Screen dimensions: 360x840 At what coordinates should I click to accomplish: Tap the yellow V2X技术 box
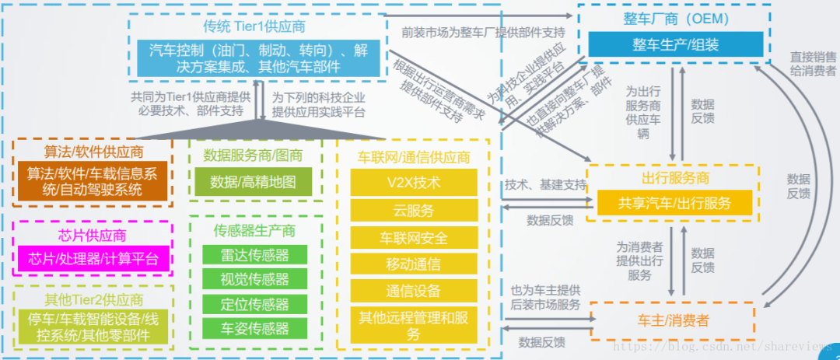click(x=413, y=183)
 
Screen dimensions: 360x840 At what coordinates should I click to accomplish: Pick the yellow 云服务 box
click(x=413, y=210)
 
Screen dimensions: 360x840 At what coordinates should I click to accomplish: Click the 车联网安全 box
click(x=413, y=236)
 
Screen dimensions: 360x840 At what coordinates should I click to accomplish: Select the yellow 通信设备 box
click(x=413, y=290)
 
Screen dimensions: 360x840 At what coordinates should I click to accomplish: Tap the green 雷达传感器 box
click(x=254, y=255)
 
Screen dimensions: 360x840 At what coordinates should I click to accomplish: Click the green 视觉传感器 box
click(x=254, y=279)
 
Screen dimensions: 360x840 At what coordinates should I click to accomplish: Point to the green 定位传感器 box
click(x=254, y=303)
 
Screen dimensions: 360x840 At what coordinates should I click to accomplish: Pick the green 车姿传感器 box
click(x=254, y=327)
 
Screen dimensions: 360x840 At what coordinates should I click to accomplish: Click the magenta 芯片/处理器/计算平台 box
click(x=93, y=258)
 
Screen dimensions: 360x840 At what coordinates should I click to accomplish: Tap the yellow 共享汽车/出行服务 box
click(x=674, y=203)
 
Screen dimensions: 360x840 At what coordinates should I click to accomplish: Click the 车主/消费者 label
click(x=674, y=320)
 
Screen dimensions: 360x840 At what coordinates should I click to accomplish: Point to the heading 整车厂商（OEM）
click(x=674, y=19)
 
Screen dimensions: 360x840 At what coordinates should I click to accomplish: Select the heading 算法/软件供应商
click(x=93, y=149)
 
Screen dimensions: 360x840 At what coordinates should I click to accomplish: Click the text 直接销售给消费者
click(x=813, y=63)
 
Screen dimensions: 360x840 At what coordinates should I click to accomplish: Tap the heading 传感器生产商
click(x=254, y=230)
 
